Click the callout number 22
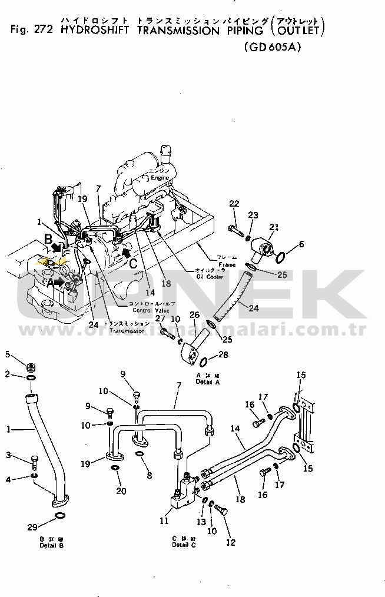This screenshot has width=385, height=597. pos(234,204)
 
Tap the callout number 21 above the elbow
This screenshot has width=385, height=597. pos(274,227)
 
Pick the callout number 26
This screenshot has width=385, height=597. pos(195,316)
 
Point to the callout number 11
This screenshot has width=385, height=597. pos(164,520)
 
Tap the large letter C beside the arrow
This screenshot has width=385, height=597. pos(134,264)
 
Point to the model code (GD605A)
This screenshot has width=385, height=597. pos(271,48)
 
